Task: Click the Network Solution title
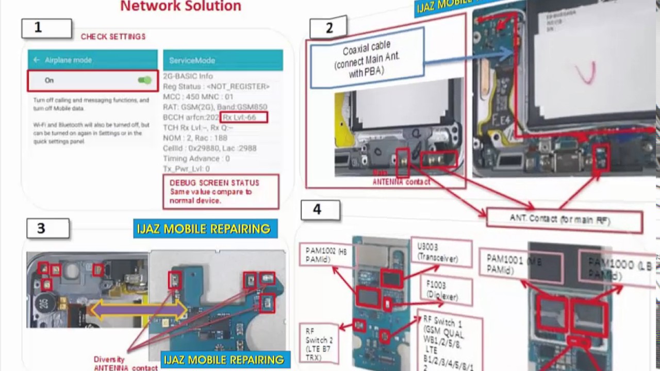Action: pos(180,6)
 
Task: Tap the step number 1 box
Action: pos(46,28)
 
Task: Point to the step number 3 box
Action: pos(47,228)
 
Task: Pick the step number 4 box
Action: pos(320,210)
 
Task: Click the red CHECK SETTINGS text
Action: pos(113,37)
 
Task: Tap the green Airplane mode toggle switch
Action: pos(144,80)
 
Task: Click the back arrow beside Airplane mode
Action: pos(37,60)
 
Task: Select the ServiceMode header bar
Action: pos(223,60)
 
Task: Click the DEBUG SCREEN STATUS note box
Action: pos(221,192)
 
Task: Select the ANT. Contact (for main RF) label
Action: pos(564,221)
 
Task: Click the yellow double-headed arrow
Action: pos(139,309)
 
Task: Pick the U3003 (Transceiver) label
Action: pos(441,252)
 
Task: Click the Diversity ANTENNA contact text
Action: pos(125,364)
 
